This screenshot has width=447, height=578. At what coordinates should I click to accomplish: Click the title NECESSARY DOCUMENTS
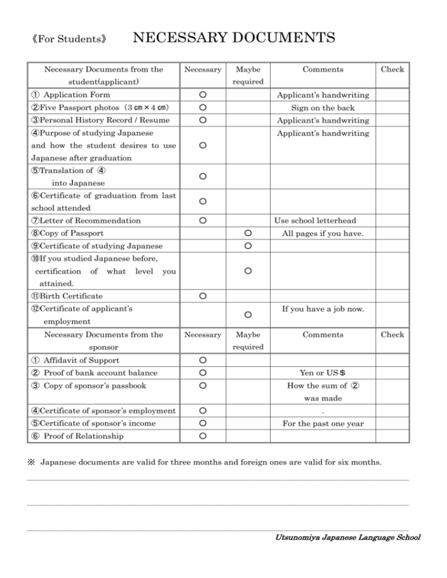coord(234,38)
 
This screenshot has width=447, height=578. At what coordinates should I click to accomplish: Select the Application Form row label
coord(73,94)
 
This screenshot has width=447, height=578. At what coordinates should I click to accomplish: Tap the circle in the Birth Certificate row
coord(201,297)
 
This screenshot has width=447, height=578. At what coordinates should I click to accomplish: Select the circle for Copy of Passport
coord(247,233)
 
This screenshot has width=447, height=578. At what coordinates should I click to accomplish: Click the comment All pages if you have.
coord(322,233)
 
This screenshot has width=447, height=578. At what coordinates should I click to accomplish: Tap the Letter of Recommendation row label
coord(86,220)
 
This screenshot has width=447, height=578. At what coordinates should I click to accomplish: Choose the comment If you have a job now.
coord(323,309)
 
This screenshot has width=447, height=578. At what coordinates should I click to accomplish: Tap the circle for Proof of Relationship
coord(201,437)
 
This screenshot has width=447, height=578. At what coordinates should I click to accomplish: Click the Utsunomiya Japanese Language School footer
coord(347,537)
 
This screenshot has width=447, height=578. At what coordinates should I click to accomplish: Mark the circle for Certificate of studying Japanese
coord(247,246)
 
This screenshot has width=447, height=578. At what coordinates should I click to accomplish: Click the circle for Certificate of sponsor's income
coord(201,424)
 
